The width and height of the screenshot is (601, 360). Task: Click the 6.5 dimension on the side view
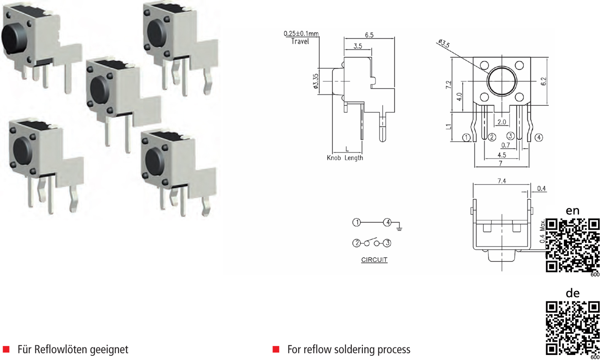(x=369, y=35)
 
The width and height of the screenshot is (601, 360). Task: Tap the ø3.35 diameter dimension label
(x=315, y=81)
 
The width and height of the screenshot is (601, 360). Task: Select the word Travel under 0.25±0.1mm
(x=300, y=42)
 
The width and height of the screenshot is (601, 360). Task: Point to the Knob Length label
(x=345, y=158)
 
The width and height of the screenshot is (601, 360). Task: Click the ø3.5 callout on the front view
(x=444, y=44)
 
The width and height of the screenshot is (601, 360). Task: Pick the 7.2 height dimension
(x=449, y=85)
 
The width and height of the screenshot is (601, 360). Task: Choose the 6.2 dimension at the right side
(x=544, y=81)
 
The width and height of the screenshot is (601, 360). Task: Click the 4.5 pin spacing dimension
(x=501, y=155)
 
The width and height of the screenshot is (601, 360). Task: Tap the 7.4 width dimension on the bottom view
(x=501, y=181)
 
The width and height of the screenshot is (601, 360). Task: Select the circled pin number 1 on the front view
(x=466, y=137)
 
